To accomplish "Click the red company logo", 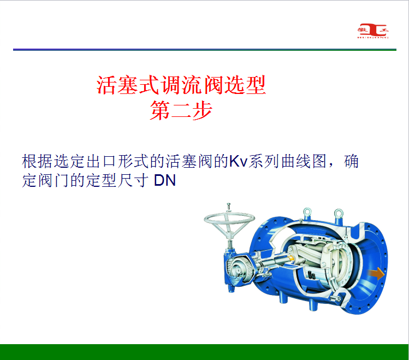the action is point(373,31).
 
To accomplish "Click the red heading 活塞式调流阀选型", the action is point(181,85).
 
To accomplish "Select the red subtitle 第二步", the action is point(181,110).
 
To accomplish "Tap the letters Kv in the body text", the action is point(239,161).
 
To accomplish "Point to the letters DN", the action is point(165,180).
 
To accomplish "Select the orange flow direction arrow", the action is point(376,274).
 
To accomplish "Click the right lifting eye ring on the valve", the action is point(339,213).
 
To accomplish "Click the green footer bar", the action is point(204,352).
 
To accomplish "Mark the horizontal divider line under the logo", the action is point(204,50).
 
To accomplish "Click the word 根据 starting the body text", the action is point(37,161).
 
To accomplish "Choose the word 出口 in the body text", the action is point(101,161).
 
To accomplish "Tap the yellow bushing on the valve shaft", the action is point(291,258).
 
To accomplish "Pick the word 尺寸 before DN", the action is point(133,180).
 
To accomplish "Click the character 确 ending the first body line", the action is point(351,161).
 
